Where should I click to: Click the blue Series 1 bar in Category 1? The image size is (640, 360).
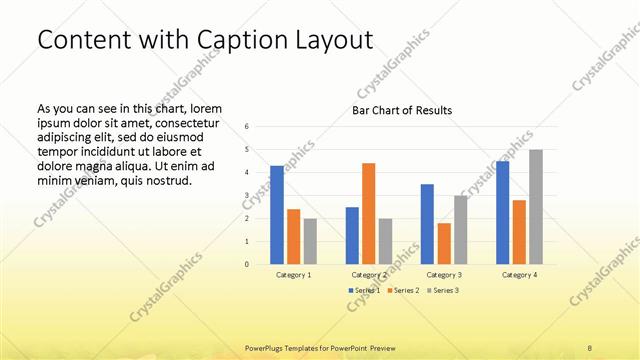277,214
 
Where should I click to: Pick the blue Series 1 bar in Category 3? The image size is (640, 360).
427,224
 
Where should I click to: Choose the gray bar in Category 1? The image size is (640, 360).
310,241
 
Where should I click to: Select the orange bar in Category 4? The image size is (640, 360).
519,232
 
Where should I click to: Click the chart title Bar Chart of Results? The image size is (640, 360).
401,110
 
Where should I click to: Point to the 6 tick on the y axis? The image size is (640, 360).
247,127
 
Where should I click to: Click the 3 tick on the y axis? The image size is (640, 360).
247,196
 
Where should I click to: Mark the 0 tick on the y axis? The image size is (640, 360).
247,265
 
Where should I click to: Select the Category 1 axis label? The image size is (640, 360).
293,274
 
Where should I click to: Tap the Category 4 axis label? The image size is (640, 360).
519,274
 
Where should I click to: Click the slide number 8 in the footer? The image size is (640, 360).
590,347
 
